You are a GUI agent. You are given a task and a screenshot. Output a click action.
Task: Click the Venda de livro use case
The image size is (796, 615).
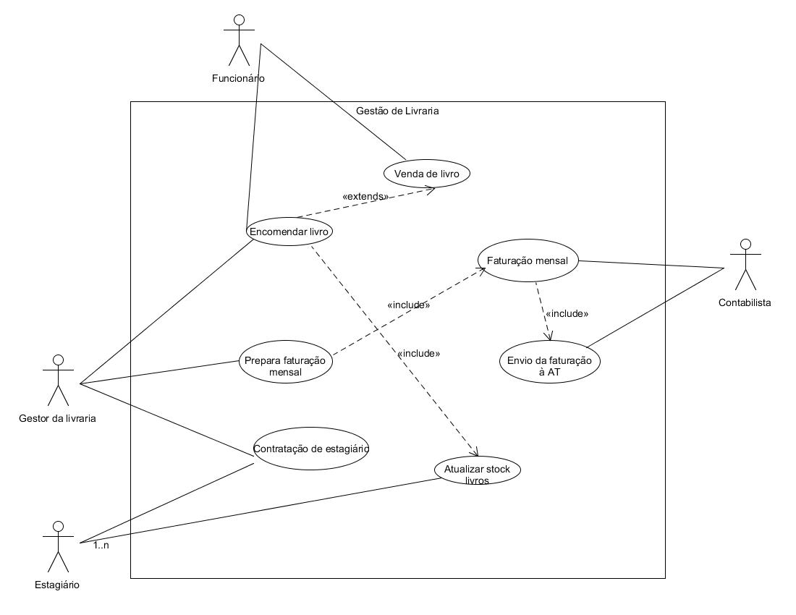pyautogui.click(x=426, y=174)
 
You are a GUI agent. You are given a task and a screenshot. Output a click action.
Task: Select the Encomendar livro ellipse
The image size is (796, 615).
pyautogui.click(x=289, y=232)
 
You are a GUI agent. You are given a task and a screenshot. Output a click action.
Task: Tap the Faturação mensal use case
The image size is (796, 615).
pyautogui.click(x=528, y=260)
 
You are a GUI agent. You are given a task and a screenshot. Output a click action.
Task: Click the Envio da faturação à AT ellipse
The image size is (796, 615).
pyautogui.click(x=550, y=361)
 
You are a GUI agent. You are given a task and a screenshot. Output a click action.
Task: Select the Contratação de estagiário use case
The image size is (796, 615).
pyautogui.click(x=310, y=449)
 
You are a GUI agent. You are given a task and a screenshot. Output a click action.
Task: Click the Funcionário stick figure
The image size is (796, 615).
pyautogui.click(x=239, y=41)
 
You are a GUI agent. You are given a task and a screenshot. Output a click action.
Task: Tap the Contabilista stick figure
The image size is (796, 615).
pyautogui.click(x=745, y=264)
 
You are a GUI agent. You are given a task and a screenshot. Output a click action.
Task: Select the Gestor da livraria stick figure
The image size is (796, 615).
pyautogui.click(x=59, y=381)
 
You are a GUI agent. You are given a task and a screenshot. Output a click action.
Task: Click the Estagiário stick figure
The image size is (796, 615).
pyautogui.click(x=59, y=546)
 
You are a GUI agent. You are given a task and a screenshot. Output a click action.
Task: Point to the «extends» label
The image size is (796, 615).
pyautogui.click(x=365, y=196)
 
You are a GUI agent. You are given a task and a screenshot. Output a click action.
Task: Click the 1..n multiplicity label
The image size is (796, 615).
pyautogui.click(x=101, y=546)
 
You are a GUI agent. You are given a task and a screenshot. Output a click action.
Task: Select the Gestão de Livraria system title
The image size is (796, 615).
pyautogui.click(x=397, y=111)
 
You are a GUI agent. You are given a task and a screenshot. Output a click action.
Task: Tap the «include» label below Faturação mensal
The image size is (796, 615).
pyautogui.click(x=567, y=313)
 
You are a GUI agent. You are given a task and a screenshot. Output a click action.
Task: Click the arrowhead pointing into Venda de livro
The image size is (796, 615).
pyautogui.click(x=431, y=190)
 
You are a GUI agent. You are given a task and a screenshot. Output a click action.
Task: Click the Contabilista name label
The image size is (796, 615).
pyautogui.click(x=745, y=303)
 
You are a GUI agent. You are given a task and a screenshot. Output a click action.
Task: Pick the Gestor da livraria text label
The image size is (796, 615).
pyautogui.click(x=57, y=419)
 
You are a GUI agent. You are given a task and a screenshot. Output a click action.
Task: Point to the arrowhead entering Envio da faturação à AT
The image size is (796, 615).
pyautogui.click(x=549, y=336)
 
